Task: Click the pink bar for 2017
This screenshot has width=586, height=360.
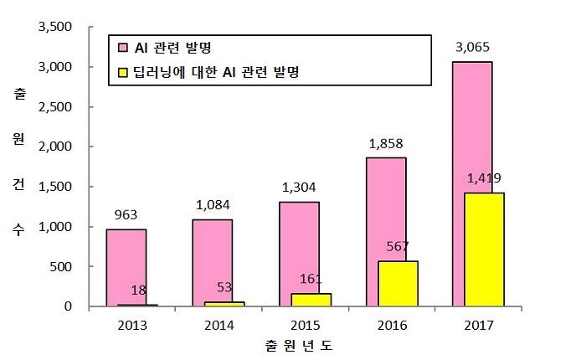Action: click(x=471, y=126)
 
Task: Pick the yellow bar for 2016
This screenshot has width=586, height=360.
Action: click(x=398, y=284)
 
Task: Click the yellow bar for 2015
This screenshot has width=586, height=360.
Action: click(x=311, y=300)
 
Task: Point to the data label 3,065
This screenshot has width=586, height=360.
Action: click(x=473, y=48)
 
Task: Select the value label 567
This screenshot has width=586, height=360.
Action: click(x=398, y=246)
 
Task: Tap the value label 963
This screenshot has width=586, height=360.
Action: click(x=126, y=214)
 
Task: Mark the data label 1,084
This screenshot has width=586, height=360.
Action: click(x=213, y=204)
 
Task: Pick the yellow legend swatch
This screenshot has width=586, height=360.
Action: click(x=122, y=72)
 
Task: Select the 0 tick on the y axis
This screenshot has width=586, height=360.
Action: click(x=68, y=307)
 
